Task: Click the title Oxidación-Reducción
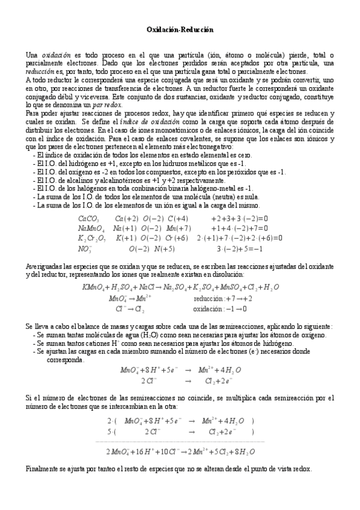pyautogui.click(x=180, y=28)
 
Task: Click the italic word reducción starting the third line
pyautogui.click(x=40, y=71)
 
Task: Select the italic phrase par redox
pyautogui.click(x=108, y=105)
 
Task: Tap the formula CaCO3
pyautogui.click(x=89, y=219)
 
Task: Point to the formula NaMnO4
pyautogui.click(x=91, y=228)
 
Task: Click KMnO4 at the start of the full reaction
pyautogui.click(x=93, y=287)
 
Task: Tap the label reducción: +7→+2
pyautogui.click(x=222, y=298)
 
